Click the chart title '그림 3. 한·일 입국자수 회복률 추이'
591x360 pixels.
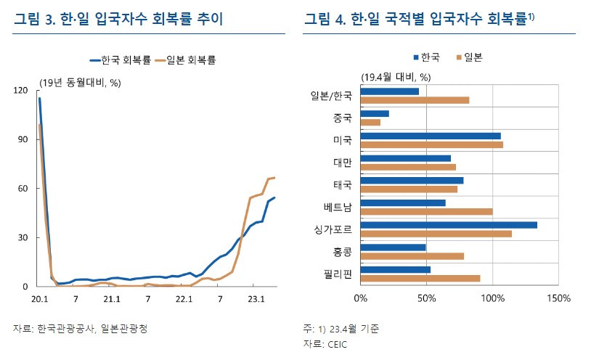pyautogui.click(x=118, y=20)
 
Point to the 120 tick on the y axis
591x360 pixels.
pyautogui.click(x=21, y=90)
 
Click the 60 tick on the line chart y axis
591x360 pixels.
pyautogui.click(x=23, y=189)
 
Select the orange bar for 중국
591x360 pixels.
pyautogui.click(x=370, y=122)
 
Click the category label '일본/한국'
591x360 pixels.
pyautogui.click(x=331, y=95)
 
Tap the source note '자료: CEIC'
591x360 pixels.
pyautogui.click(x=326, y=343)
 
